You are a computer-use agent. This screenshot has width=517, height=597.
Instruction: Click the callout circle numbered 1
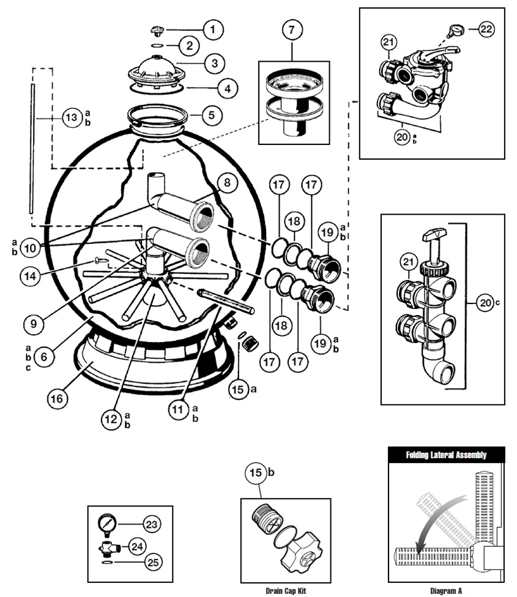coord(213,30)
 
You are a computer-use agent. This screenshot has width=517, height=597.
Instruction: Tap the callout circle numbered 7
coord(292,30)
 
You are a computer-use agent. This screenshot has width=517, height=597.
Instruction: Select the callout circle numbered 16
coord(57,399)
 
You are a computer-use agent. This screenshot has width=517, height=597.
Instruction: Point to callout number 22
coord(486,29)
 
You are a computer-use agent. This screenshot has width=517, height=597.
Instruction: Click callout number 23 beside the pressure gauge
coord(152,524)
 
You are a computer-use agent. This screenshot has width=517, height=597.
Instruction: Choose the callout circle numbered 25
coord(153,562)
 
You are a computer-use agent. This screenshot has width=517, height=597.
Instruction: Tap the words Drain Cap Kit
coord(286,590)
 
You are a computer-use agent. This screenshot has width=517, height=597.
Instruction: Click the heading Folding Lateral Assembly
coord(446,454)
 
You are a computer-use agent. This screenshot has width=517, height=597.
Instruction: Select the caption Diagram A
coord(446,590)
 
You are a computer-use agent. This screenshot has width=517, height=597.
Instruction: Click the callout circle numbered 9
coord(34,324)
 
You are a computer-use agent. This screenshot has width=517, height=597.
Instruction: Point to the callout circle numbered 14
coord(30,276)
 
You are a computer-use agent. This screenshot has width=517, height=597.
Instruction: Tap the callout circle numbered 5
coord(212,115)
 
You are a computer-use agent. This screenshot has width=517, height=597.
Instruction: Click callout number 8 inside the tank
coord(227,183)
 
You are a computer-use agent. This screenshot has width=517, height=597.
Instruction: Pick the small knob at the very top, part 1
coord(157,31)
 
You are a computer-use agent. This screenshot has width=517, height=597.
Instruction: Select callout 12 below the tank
coord(111,419)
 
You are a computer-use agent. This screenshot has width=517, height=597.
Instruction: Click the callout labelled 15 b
coord(256,473)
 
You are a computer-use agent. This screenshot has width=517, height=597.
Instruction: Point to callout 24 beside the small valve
coord(137,547)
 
